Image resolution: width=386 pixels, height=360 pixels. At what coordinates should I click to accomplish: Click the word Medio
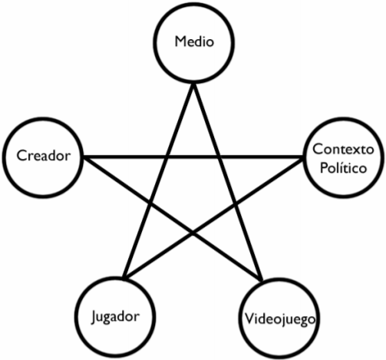[194, 41]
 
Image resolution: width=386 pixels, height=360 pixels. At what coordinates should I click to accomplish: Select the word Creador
[43, 155]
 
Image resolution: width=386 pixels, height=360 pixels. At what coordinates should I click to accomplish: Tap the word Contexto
[343, 149]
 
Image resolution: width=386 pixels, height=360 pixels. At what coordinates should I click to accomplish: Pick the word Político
[343, 168]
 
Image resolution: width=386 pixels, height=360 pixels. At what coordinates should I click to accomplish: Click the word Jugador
[115, 317]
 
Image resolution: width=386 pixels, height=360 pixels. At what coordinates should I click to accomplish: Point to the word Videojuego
[280, 319]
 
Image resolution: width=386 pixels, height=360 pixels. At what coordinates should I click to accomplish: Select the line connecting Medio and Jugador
[158, 181]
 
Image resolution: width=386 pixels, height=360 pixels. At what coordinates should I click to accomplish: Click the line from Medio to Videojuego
[228, 182]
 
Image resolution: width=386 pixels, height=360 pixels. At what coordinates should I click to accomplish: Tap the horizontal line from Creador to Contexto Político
[193, 157]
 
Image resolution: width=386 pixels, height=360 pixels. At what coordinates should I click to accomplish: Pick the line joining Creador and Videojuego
[173, 218]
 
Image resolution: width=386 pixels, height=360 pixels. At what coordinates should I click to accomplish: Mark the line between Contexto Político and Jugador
[213, 217]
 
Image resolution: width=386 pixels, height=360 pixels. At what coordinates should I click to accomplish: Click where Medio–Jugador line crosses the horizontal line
[167, 157]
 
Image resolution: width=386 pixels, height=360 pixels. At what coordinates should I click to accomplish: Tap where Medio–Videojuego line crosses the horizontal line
[219, 157]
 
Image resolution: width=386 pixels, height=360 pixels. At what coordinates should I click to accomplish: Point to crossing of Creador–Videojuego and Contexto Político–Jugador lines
[193, 233]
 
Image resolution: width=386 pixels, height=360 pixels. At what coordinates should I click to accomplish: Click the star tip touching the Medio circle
[193, 85]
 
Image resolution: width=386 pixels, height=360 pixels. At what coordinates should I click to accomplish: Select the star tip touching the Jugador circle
[124, 279]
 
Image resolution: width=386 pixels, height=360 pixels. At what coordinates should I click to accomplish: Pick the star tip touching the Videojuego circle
[262, 280]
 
